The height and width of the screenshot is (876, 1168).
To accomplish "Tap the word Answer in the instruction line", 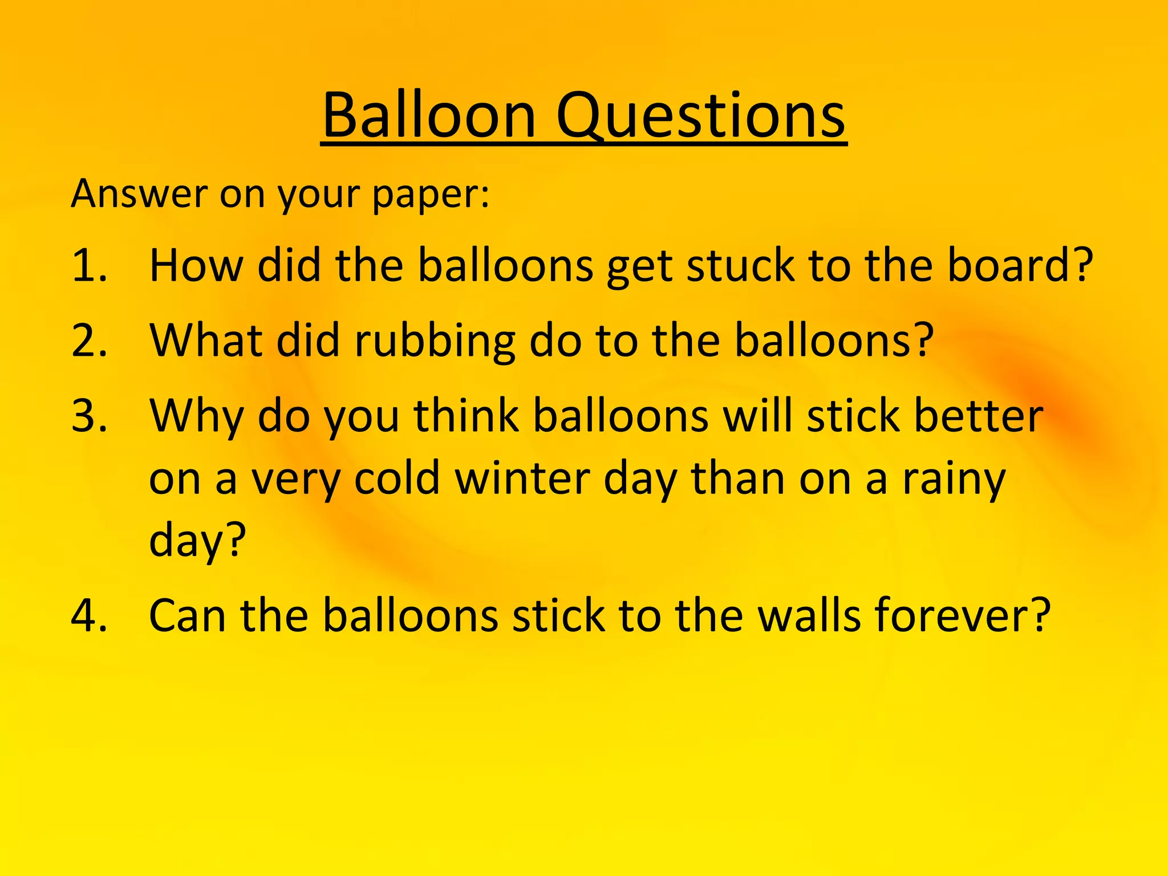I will [x=139, y=194].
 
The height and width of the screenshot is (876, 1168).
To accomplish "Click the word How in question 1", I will [x=196, y=266].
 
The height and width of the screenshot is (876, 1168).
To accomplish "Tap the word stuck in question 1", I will [x=740, y=266].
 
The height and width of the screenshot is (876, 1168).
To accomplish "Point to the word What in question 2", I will [x=206, y=340].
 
